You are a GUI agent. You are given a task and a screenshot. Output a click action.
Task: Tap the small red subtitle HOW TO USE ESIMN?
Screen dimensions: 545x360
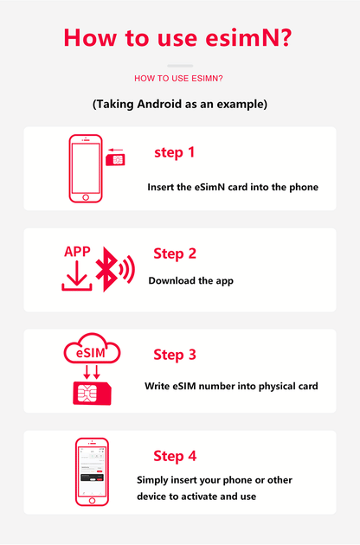pyautogui.click(x=179, y=78)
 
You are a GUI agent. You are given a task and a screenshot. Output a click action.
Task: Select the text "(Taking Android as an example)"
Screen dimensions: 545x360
pyautogui.click(x=179, y=104)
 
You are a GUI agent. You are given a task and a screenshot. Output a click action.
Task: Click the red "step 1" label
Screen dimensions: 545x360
pyautogui.click(x=174, y=152)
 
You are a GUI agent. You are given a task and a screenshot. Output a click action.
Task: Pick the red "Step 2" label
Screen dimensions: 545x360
pyautogui.click(x=175, y=253)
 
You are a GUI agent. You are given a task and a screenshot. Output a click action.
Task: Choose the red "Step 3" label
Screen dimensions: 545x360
pyautogui.click(x=175, y=355)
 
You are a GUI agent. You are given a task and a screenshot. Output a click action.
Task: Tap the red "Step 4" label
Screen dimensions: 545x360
pyautogui.click(x=175, y=456)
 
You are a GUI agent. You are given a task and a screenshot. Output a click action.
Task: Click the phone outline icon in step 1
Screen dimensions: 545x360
pyautogui.click(x=85, y=169)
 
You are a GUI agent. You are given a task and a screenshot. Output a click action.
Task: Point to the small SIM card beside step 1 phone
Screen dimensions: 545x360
pyautogui.click(x=113, y=160)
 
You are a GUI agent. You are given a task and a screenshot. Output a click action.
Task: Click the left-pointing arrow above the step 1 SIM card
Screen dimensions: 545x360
pyautogui.click(x=114, y=147)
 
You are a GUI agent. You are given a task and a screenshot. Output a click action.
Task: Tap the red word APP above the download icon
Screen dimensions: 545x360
pyautogui.click(x=77, y=252)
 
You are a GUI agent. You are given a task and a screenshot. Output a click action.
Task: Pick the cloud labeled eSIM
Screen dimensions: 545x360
pyautogui.click(x=92, y=352)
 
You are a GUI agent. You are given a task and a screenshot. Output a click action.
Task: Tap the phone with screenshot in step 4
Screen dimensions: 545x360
pyautogui.click(x=92, y=472)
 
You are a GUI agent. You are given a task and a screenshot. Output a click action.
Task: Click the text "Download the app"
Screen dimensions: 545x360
pyautogui.click(x=190, y=280)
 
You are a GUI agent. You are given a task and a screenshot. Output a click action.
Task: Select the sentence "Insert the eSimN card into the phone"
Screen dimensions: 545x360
pyautogui.click(x=233, y=187)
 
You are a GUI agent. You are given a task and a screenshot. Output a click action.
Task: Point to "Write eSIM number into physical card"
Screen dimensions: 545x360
pyautogui.click(x=231, y=386)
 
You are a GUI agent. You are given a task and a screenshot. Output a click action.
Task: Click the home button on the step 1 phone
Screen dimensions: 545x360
pyautogui.click(x=85, y=198)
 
